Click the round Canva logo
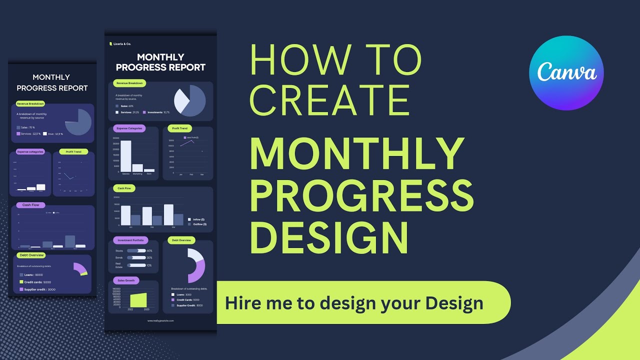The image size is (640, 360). point(566,73)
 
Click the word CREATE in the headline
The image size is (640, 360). point(329,100)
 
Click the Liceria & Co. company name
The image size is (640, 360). point(121,44)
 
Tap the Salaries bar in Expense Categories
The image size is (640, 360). point(125,155)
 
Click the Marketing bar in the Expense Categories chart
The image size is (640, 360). point(137,168)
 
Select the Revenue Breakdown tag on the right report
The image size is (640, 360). point(129,83)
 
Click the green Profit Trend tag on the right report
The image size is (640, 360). point(180,128)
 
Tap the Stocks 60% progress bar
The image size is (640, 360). point(136,250)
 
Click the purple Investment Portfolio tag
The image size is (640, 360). point(130,240)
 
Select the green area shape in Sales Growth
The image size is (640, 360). point(138,300)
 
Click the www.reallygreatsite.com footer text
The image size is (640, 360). point(160,320)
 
